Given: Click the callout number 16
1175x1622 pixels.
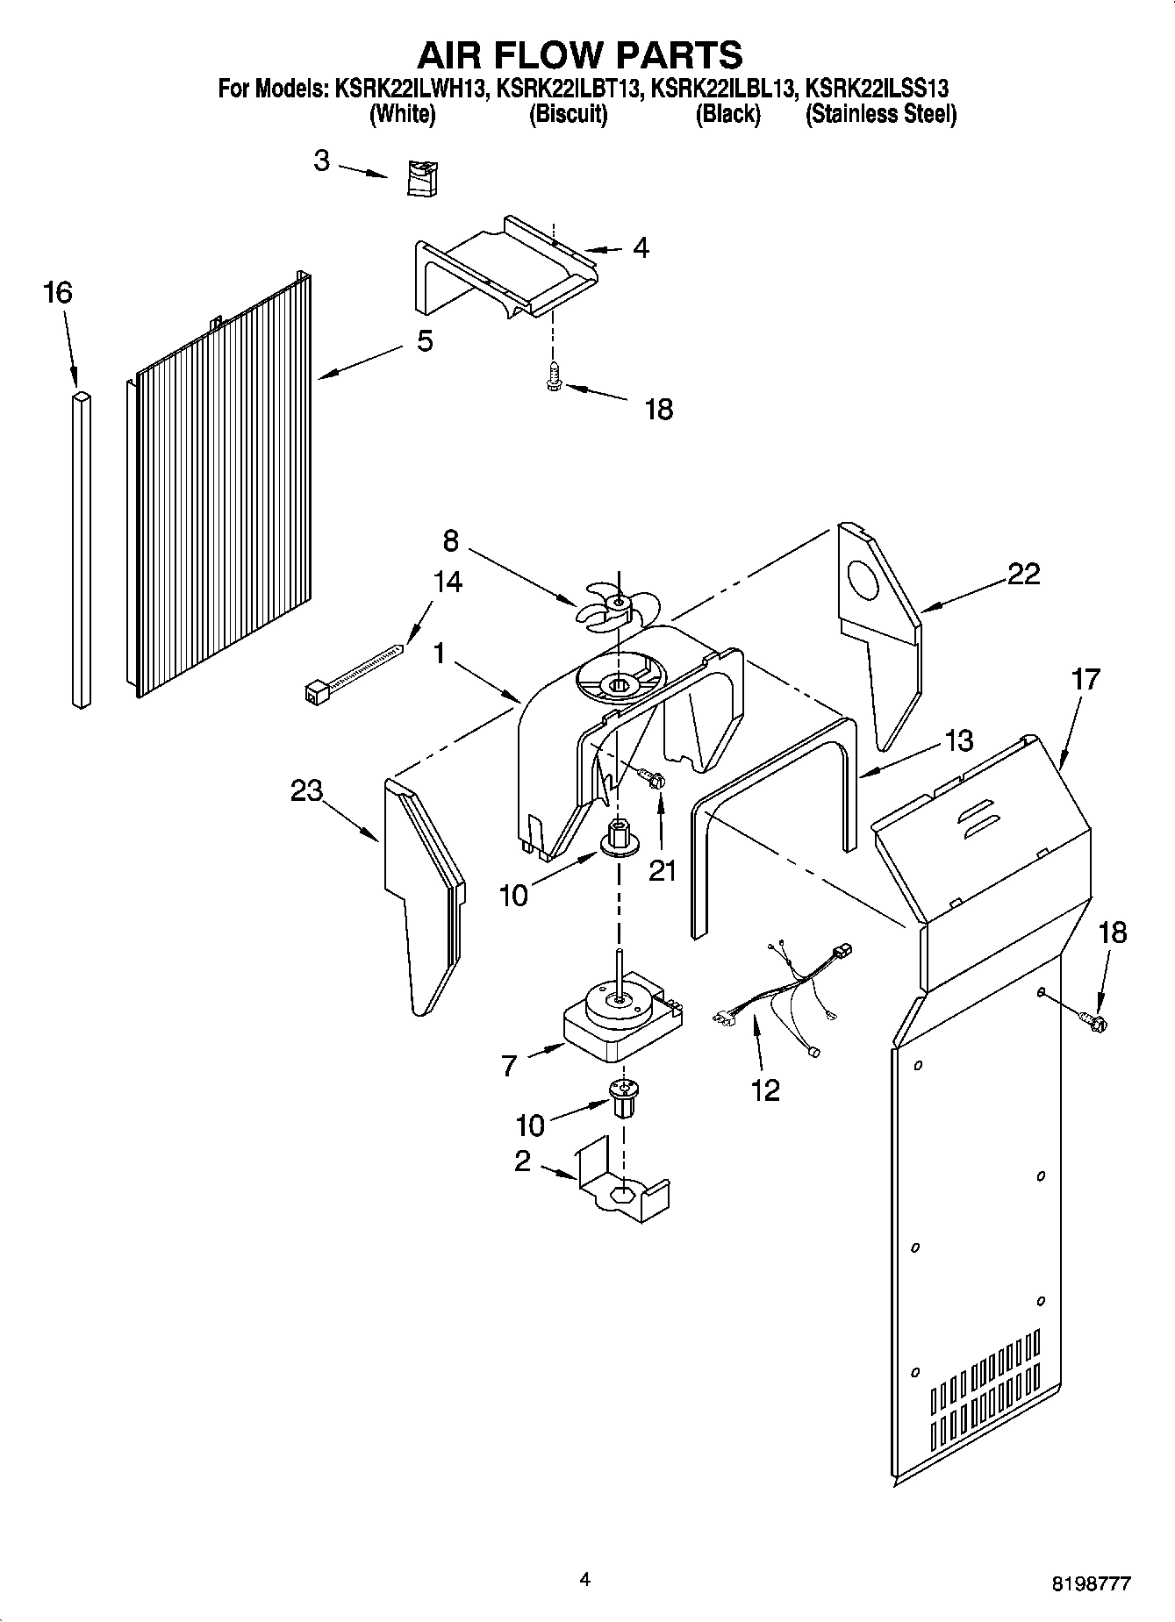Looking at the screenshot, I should pos(58,293).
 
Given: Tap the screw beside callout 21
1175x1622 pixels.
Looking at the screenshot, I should pos(651,776).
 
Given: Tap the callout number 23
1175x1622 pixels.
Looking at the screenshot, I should pos(307,790).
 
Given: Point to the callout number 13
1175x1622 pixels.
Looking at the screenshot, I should pos(960,741).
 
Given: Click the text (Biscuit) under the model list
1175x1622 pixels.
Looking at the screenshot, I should pos(569,114).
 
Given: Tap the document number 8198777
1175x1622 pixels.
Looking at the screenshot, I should pos(1091,1583).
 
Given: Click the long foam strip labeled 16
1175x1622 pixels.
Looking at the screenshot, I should pos(81,548).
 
